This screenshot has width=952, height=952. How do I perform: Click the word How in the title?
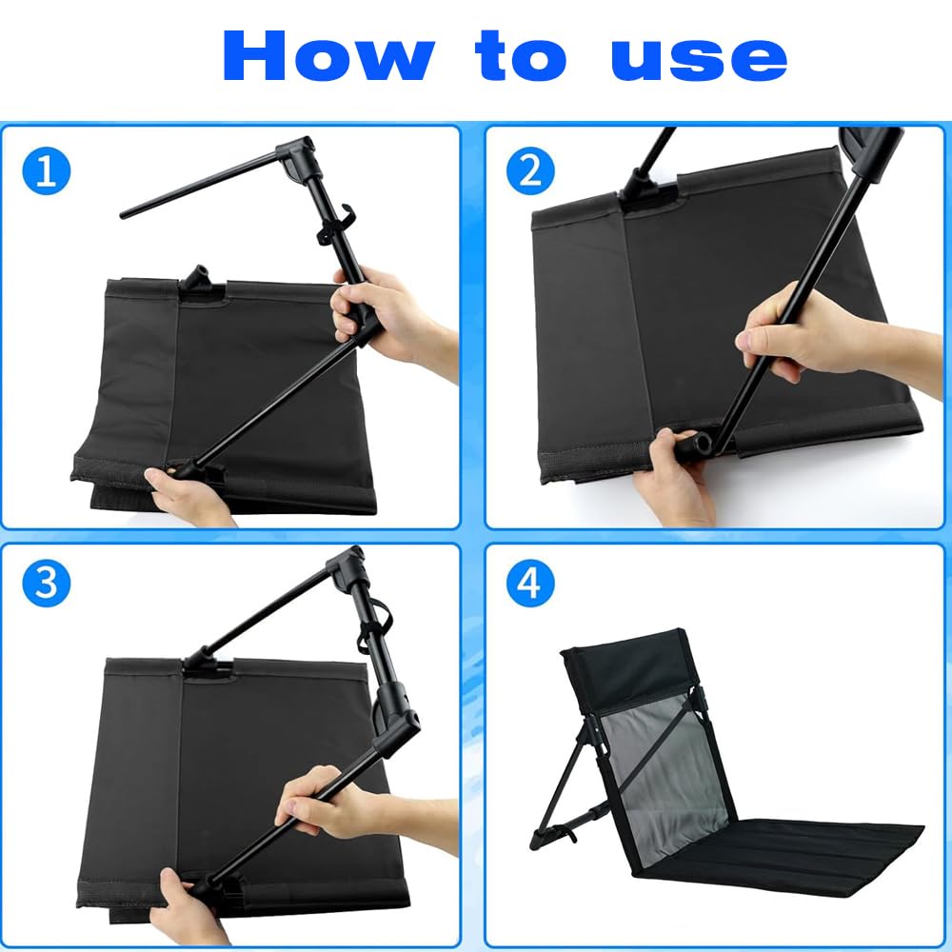coord(328,55)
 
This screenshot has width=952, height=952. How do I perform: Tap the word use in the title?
coord(699,59)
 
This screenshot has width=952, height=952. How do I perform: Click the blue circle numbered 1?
coord(46,170)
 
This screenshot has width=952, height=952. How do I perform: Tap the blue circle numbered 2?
coord(530,170)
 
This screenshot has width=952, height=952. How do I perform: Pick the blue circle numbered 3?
coord(46,583)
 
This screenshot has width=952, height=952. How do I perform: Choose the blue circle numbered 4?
coord(530,583)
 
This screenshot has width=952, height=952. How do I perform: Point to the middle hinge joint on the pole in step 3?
coord(396,717)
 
